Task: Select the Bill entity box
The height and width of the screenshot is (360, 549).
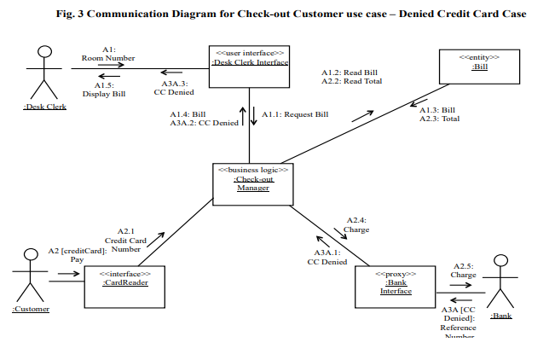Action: [479, 66]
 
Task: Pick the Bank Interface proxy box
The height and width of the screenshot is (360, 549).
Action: [395, 286]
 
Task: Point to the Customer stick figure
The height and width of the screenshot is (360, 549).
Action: [32, 275]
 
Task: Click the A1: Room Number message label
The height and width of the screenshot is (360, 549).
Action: [109, 54]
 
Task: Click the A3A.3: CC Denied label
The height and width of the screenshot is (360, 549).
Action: [176, 89]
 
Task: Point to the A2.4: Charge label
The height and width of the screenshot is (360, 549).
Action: [356, 224]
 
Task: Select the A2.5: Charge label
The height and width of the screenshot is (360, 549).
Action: [464, 270]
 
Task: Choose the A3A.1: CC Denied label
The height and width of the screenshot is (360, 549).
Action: [327, 258]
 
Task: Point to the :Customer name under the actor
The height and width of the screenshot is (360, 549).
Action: [31, 309]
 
